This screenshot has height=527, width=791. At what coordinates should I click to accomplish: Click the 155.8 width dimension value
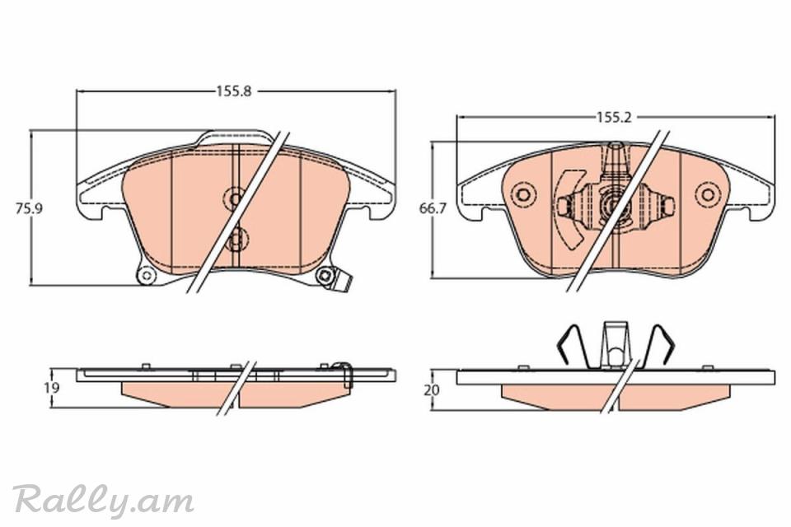234,91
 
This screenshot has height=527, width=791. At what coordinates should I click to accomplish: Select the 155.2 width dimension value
614,118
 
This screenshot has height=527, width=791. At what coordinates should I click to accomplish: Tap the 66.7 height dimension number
433,208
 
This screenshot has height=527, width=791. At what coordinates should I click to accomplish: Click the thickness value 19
51,387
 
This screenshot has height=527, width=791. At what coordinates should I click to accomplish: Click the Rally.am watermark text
104,501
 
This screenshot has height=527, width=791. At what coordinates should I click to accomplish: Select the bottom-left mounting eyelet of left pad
147,275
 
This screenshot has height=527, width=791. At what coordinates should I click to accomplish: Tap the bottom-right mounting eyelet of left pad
325,275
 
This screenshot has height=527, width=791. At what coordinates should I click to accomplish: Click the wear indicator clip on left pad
344,282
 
